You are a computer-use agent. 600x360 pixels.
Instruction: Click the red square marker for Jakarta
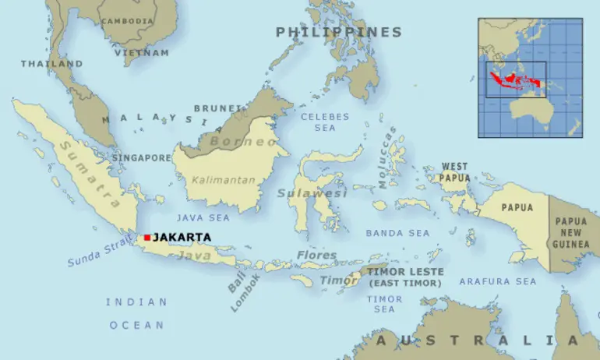146,237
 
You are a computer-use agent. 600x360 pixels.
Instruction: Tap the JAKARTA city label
181,237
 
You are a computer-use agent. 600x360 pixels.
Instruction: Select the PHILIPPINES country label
338,32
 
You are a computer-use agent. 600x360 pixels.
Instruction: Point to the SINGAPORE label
141,157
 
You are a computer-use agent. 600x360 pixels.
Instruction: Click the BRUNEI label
213,108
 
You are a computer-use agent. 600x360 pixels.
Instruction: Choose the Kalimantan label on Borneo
223,180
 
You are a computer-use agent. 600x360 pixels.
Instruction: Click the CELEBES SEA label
325,122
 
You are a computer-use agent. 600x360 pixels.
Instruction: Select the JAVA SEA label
203,217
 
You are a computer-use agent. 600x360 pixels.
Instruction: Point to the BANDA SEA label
397,233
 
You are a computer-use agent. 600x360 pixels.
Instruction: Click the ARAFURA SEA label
497,281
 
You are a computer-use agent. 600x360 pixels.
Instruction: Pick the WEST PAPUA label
455,171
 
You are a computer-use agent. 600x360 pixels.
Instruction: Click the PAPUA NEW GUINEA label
571,233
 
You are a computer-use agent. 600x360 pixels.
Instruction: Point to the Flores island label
316,255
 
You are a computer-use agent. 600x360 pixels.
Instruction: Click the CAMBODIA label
128,21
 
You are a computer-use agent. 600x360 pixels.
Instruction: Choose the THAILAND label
51,63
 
